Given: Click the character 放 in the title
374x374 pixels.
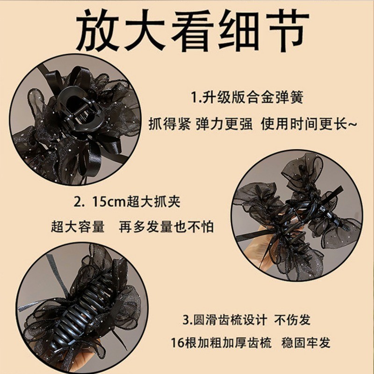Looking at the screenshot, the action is click(x=98, y=30).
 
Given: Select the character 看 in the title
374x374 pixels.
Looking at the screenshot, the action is click(x=192, y=30).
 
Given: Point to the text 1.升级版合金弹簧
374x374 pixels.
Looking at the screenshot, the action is click(x=247, y=97).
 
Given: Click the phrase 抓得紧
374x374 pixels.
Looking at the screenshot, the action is click(x=170, y=124).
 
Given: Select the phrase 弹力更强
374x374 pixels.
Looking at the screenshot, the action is click(x=224, y=124).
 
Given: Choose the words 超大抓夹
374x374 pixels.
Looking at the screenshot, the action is click(x=153, y=202).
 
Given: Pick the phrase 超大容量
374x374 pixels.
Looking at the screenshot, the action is click(x=78, y=226).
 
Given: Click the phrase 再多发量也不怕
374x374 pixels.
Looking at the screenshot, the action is click(x=166, y=226).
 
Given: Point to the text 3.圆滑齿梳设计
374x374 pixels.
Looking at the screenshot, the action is click(x=224, y=320).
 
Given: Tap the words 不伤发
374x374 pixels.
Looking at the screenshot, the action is click(x=292, y=320).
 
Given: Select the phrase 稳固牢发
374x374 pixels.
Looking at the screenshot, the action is click(x=306, y=343).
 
